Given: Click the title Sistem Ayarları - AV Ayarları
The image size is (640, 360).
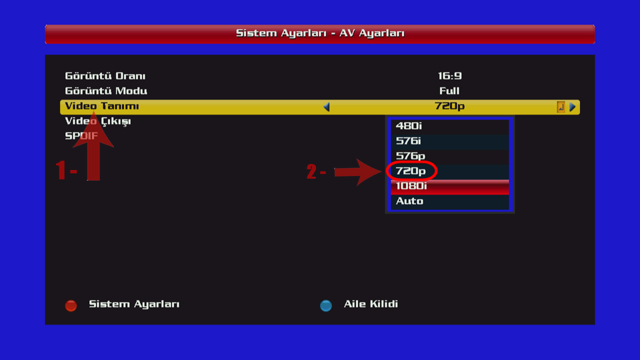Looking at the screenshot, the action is point(320,33).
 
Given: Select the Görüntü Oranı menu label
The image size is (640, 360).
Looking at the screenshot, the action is point(105,76).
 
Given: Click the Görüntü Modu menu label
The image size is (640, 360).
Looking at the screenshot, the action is point(106,91).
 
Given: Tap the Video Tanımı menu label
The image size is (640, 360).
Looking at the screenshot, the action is point(102,107).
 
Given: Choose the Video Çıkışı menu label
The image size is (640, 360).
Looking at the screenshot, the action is point(98,121).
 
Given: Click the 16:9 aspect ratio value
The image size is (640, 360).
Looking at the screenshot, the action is point(449,76).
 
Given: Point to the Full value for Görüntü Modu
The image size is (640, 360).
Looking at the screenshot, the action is point(449,91).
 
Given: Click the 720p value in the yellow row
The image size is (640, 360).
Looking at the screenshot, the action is point(449,107).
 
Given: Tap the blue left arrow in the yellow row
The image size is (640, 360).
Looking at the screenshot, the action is point(327,107).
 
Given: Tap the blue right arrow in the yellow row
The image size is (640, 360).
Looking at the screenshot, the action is point(572,107).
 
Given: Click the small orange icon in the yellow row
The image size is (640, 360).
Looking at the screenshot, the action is point(561,107).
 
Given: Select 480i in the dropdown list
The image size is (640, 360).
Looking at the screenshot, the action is point(409,125).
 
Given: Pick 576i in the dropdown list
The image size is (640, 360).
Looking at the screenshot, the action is point(409,141).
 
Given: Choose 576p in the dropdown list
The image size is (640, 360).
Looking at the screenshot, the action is point(410,156).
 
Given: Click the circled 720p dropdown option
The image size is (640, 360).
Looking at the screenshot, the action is point(411,171).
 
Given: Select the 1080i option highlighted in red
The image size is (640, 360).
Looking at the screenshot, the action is point(411,187).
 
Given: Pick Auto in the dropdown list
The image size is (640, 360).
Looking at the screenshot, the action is point(409,201).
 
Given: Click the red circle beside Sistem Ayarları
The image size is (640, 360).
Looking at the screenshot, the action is point(71,305).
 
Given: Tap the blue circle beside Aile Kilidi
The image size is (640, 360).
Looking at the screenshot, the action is point(326,305).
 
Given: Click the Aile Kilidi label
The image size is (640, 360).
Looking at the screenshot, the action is point(371,304).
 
